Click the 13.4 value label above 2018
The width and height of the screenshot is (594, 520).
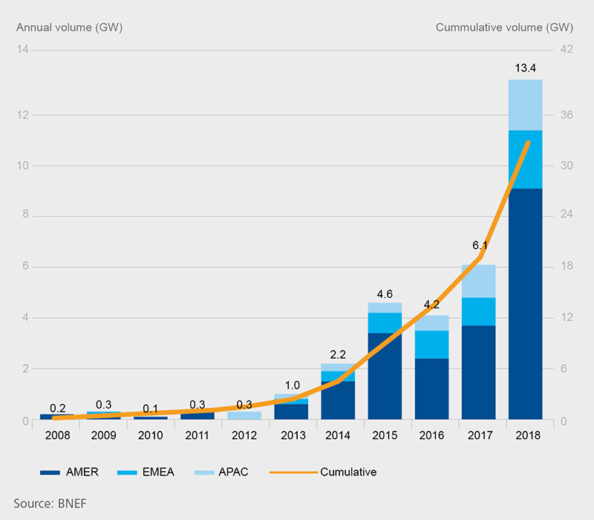[526, 68]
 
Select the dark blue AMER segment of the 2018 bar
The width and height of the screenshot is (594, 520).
[526, 304]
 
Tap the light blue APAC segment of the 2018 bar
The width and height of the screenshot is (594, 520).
[526, 105]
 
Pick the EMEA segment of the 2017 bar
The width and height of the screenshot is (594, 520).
[478, 311]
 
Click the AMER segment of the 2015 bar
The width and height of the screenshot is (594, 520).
[385, 376]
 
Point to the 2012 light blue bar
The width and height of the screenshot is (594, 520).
[244, 415]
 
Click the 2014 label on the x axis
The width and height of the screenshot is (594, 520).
[338, 435]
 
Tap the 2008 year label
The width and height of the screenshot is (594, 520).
[58, 435]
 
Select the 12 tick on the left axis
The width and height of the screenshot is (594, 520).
[23, 115]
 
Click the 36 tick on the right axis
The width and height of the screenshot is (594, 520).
[567, 115]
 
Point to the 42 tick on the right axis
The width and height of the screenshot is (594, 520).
[567, 49]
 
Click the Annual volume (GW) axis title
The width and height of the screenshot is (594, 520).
[69, 27]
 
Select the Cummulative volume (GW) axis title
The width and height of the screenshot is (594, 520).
[504, 27]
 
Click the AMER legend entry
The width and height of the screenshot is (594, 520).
[69, 472]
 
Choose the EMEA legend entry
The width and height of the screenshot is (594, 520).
[146, 472]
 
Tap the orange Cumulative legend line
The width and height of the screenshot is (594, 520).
[293, 472]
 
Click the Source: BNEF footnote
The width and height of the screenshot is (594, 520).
[50, 504]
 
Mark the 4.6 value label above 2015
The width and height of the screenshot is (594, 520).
[385, 294]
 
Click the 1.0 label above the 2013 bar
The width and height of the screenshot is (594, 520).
[292, 386]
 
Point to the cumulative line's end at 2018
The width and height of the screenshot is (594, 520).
[528, 143]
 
